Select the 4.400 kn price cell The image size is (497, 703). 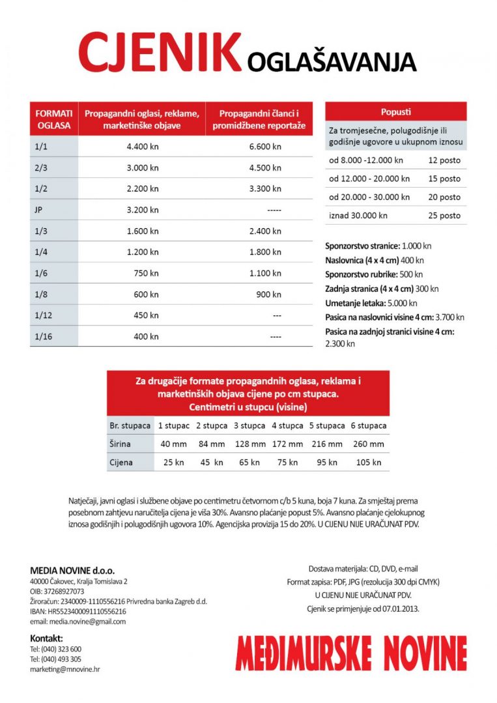click(143, 147)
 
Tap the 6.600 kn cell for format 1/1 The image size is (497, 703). click(265, 147)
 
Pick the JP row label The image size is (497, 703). click(39, 210)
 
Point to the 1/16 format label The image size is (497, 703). click(43, 336)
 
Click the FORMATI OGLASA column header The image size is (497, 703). click(54, 119)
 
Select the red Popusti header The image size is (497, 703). click(395, 111)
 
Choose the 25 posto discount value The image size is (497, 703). click(444, 215)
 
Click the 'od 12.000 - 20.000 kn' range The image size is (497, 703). click(369, 179)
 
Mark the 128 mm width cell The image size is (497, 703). click(249, 444)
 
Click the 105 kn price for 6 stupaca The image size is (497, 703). click(368, 462)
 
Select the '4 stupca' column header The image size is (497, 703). click(287, 425)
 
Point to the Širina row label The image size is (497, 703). click(121, 444)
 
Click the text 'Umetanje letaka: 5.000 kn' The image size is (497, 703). click(371, 303)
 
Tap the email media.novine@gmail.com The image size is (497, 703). click(78, 621)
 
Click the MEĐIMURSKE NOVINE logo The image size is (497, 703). click(351, 652)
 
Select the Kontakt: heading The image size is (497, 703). click(46, 637)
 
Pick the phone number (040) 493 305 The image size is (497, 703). click(55, 659)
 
